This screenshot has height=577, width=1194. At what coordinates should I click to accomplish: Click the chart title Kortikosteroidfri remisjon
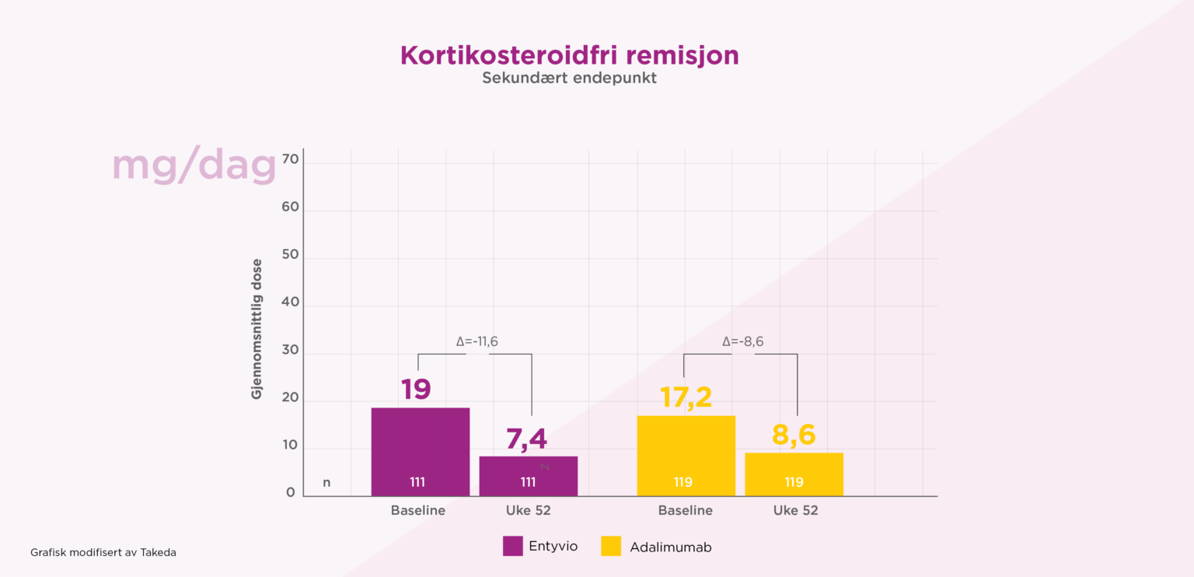point(569,56)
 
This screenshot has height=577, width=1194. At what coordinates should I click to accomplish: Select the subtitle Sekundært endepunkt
point(569,79)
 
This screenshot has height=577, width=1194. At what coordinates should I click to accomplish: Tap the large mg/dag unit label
point(194,166)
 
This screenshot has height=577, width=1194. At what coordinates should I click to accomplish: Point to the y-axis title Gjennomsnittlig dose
point(257,329)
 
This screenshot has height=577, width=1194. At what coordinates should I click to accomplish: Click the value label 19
point(416,389)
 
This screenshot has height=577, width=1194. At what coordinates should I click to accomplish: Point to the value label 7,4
point(526,439)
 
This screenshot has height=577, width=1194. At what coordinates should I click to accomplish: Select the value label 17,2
point(686,397)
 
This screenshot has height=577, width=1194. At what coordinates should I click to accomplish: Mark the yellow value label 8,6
point(794,435)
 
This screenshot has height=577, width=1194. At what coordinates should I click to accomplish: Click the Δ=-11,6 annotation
point(477,341)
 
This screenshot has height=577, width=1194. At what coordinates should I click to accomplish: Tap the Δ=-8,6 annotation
point(742,341)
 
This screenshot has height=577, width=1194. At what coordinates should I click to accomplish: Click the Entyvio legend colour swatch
point(512,546)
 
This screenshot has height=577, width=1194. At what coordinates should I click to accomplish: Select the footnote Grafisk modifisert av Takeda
point(103,552)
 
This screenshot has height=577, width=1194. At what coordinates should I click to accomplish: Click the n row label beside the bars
point(326,482)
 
